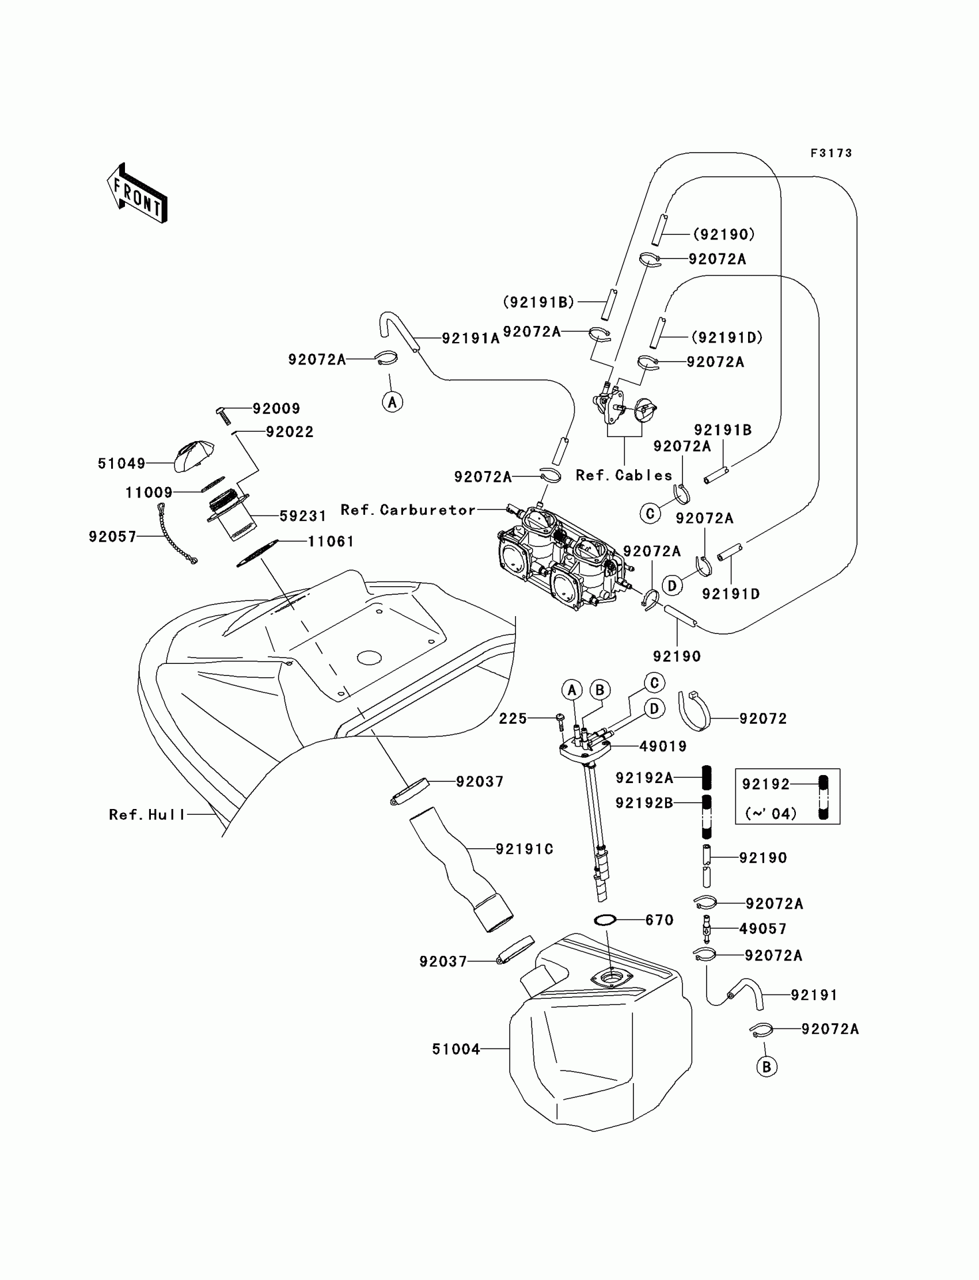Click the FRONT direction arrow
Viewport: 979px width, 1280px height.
[138, 193]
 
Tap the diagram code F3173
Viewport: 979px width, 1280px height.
[831, 153]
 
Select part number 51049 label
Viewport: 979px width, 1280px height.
[121, 463]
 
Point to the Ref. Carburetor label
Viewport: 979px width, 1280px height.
[408, 510]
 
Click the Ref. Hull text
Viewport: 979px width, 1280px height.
[147, 815]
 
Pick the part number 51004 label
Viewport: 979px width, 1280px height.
[456, 1049]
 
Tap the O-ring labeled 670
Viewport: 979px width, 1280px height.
[605, 920]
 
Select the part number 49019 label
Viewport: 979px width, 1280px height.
[663, 746]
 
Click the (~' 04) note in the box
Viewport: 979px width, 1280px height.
[771, 814]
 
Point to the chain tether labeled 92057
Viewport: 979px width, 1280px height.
[177, 534]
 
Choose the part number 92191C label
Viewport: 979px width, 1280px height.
[525, 849]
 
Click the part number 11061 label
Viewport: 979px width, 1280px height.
[331, 541]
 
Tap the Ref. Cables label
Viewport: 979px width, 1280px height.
[624, 476]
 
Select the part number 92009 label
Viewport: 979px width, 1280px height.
[276, 408]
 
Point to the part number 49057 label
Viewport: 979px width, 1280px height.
[763, 929]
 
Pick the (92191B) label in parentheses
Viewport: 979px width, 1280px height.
[538, 302]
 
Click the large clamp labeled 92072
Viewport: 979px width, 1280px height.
[696, 710]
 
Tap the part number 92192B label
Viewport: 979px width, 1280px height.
[644, 803]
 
